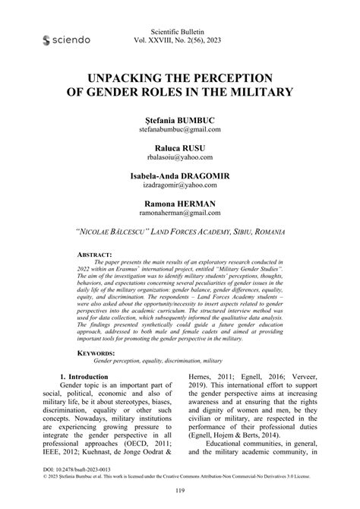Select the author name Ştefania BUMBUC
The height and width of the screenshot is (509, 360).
(180, 121)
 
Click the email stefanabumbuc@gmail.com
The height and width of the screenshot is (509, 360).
(180, 131)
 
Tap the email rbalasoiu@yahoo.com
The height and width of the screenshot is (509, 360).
(180, 159)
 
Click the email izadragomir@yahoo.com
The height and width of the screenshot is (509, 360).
(180, 187)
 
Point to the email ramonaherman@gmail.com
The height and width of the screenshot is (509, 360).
(180, 215)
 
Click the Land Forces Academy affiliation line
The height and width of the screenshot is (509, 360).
(180, 232)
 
